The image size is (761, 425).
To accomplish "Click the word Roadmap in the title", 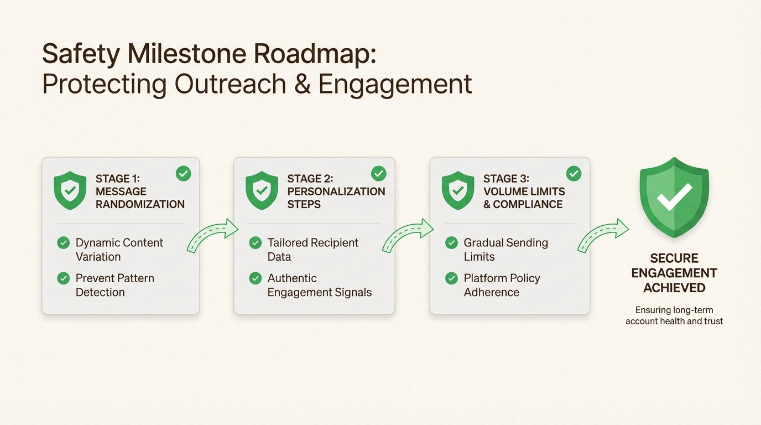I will (x=315, y=55).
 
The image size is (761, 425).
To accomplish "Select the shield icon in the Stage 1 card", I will (x=70, y=190).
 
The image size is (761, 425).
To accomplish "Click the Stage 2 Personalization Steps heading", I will (x=336, y=191).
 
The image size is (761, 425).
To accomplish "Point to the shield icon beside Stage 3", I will (x=458, y=190).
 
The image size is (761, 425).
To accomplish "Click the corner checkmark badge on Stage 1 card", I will (x=183, y=174).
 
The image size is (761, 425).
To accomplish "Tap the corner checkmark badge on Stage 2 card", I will (x=378, y=174).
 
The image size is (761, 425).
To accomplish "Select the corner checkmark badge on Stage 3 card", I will (x=574, y=174).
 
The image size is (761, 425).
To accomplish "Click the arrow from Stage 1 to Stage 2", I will (x=212, y=237).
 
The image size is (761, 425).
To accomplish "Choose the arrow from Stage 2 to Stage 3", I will (x=408, y=236).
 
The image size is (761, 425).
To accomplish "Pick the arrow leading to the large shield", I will (x=603, y=236).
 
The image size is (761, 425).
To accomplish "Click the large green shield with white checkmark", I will (x=674, y=197).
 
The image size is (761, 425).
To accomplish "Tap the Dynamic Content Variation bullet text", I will (x=119, y=250).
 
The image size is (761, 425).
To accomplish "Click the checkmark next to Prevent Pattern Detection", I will (x=64, y=278).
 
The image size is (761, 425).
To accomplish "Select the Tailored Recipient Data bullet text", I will (x=312, y=250).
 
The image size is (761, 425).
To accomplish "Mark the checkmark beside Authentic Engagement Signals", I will (x=256, y=278).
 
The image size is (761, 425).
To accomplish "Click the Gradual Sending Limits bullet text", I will (x=505, y=250).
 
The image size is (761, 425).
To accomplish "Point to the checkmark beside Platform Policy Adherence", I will (x=451, y=278).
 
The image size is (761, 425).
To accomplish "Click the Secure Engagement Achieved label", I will (x=674, y=273).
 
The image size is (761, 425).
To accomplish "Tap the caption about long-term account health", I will (x=674, y=315).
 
